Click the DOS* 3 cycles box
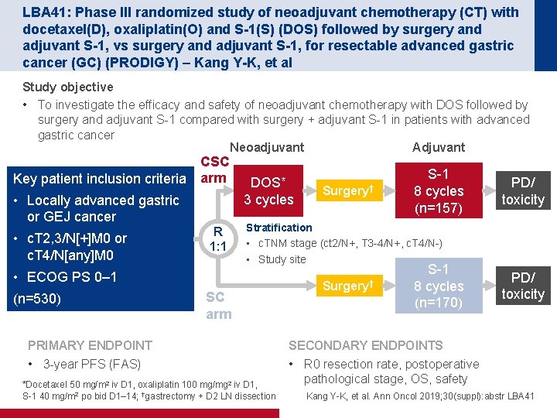tap(268, 190)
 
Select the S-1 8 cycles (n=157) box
tap(439, 190)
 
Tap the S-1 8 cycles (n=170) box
tap(439, 286)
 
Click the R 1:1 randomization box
tap(218, 238)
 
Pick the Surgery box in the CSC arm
tap(349, 190)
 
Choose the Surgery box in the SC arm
tap(349, 286)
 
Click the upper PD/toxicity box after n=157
tap(523, 190)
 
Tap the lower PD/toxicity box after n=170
tap(523, 286)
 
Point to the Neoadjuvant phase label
tap(267, 147)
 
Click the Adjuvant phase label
tap(439, 147)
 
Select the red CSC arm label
tap(214, 170)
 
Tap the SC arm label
tap(218, 305)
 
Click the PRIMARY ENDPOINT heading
tap(90, 345)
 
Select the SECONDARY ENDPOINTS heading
tap(365, 345)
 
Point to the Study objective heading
tap(68, 87)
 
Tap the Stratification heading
tap(278, 228)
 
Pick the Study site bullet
tap(282, 259)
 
